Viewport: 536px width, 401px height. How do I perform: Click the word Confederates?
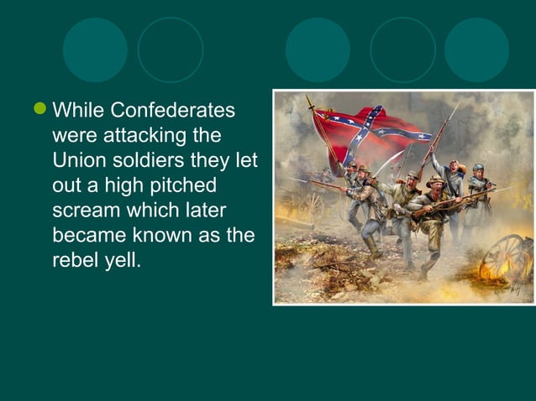click(x=174, y=111)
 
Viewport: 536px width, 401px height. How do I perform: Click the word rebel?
click(x=76, y=259)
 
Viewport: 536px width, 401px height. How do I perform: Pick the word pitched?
click(x=177, y=185)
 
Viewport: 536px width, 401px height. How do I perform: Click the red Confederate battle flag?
click(x=370, y=133)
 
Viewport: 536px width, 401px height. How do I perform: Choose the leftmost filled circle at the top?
click(x=95, y=49)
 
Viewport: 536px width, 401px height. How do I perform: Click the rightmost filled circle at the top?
click(x=476, y=49)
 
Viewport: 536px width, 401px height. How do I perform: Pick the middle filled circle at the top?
click(x=318, y=49)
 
